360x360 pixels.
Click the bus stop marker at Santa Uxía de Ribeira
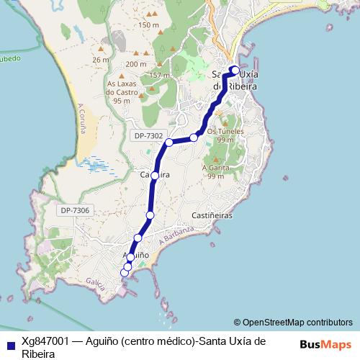click(x=234, y=70)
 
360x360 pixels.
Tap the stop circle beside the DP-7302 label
click(x=169, y=143)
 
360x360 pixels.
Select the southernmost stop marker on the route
click(x=125, y=272)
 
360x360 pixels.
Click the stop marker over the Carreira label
click(x=155, y=175)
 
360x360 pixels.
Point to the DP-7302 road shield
click(x=148, y=135)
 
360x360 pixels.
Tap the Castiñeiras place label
click(x=212, y=215)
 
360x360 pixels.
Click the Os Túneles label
click(x=225, y=132)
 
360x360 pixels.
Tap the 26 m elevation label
click(x=101, y=60)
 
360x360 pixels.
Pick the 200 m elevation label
click(x=135, y=64)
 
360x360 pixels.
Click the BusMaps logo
click(x=325, y=344)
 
